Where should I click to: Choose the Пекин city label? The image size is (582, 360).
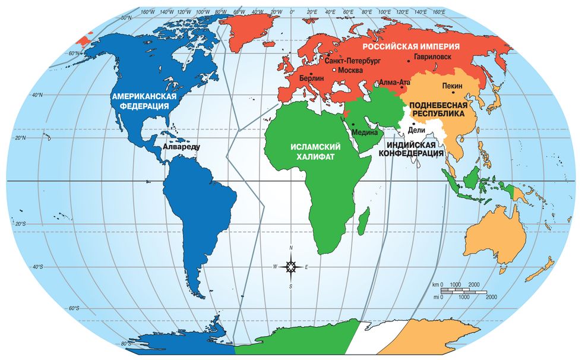click(453, 86)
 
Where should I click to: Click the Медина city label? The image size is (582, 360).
click(365, 132)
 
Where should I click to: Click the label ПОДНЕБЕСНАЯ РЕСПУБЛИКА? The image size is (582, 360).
click(437, 108)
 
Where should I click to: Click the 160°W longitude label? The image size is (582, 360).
click(147, 11)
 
